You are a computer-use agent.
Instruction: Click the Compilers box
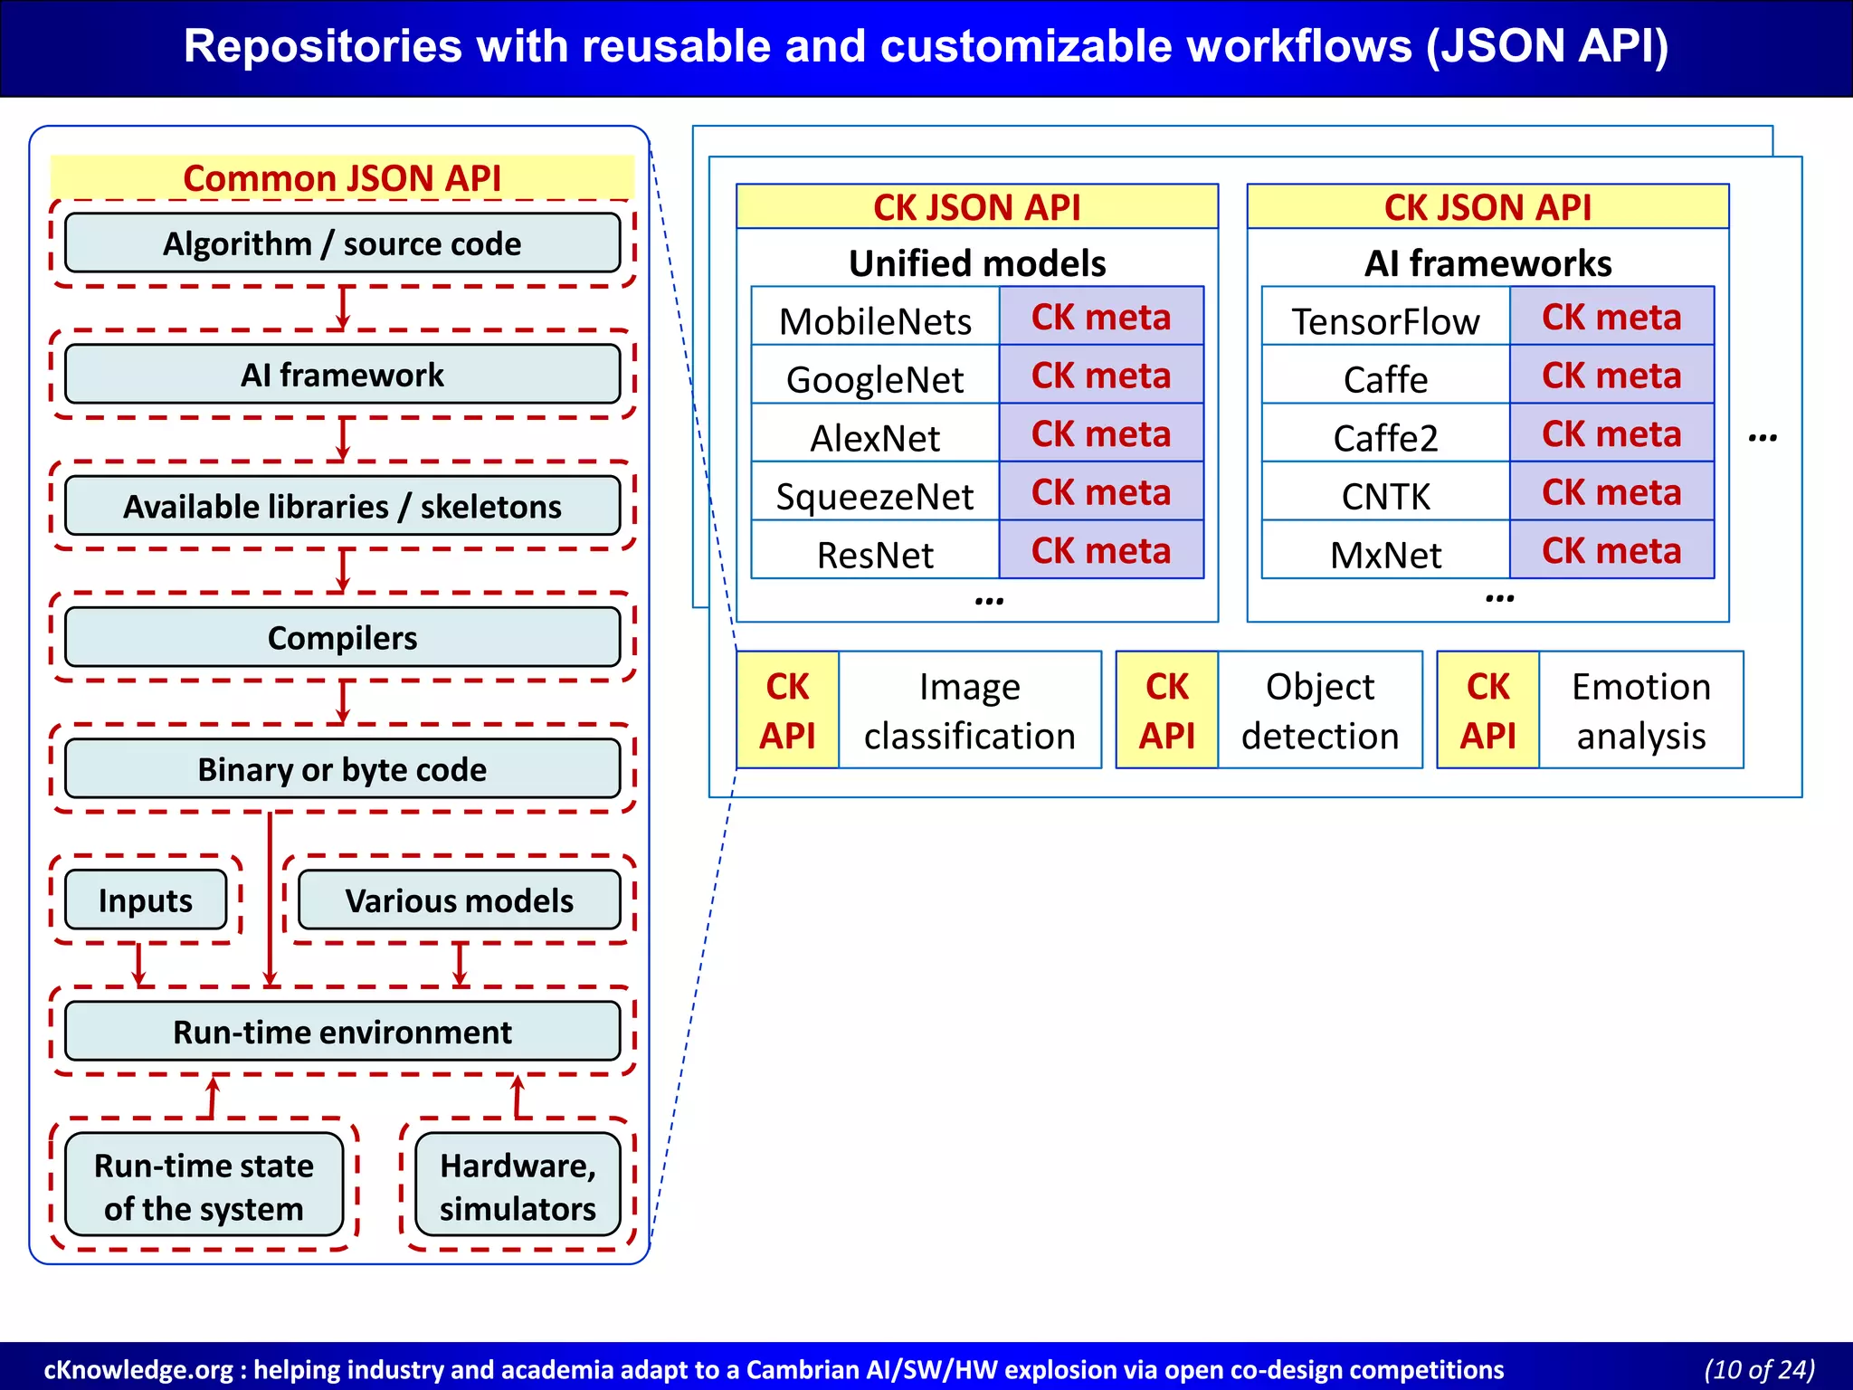coord(342,638)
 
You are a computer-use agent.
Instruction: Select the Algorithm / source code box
coord(342,243)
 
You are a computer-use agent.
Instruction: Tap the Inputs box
coord(146,900)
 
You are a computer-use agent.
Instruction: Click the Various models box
coord(459,900)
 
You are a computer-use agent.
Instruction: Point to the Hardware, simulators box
coord(518,1185)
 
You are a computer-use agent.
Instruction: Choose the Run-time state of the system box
coord(204,1185)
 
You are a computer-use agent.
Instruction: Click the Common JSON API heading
coord(342,177)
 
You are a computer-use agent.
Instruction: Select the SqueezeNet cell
coord(875,496)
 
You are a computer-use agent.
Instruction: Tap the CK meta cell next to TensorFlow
coord(1611,317)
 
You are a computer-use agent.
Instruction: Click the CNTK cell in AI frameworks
coord(1385,496)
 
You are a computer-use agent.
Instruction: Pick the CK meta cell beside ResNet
coord(1101,550)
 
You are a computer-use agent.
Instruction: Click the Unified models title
coord(977,263)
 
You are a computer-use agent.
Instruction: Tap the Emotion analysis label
coord(1640,711)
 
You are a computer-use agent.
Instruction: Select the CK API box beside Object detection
coord(1167,711)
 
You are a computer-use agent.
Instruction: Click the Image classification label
coord(969,711)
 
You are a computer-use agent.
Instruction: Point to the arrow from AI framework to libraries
coord(342,439)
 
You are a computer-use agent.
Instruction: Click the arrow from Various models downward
coord(460,965)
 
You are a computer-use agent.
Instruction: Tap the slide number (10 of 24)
coord(1759,1369)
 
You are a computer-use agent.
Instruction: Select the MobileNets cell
coord(875,321)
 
